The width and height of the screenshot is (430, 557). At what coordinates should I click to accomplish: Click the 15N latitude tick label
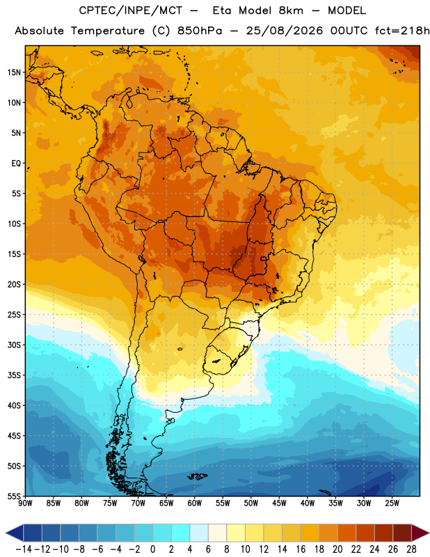(x=14, y=72)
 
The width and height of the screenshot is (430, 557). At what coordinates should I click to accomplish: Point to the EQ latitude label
(x=16, y=164)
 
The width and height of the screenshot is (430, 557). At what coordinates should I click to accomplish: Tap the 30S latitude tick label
(x=14, y=345)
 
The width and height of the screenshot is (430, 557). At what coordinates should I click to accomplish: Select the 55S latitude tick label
(x=14, y=496)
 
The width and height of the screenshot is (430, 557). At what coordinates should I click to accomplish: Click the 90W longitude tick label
(x=25, y=503)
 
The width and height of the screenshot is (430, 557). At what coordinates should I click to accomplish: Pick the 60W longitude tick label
(x=195, y=503)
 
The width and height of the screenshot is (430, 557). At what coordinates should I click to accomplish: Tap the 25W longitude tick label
(x=392, y=503)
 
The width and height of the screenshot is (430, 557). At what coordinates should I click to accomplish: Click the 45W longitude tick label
(x=280, y=503)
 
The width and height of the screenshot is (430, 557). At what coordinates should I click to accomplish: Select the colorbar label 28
(x=411, y=549)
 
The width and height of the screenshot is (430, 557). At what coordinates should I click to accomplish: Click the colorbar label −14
(x=24, y=549)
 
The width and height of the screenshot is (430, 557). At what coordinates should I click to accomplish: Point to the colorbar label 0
(x=152, y=549)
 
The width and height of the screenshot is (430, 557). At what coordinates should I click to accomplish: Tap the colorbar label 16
(x=301, y=549)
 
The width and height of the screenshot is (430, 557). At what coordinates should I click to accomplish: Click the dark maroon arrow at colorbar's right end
(x=420, y=533)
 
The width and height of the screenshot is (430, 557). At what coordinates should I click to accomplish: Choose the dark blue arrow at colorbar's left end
(x=15, y=533)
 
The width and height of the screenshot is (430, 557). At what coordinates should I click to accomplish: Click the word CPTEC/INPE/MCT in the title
(x=131, y=10)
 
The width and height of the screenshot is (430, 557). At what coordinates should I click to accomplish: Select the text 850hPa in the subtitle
(x=200, y=31)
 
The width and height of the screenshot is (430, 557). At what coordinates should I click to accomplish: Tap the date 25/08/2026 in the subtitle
(x=285, y=31)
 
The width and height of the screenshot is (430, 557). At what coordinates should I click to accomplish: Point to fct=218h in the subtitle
(x=402, y=31)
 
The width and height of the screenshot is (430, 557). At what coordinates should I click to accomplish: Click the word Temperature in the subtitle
(x=108, y=31)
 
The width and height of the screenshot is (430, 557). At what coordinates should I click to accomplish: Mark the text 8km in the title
(x=291, y=10)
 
